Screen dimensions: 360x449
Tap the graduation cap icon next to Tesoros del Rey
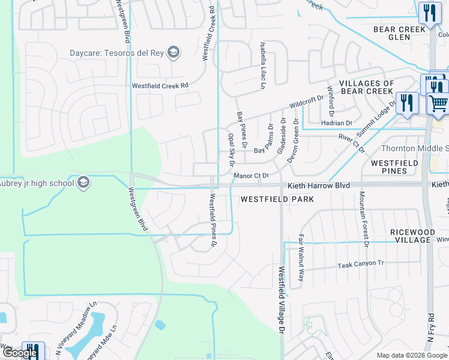[173, 52]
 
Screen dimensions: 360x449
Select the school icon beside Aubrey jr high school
[83, 182]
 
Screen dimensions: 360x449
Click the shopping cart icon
[438, 103]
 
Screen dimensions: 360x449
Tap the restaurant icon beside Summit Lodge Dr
[407, 103]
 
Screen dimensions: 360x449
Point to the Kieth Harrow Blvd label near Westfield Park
[318, 187]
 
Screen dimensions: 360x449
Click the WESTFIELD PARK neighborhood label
[277, 199]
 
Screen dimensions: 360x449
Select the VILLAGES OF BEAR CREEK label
[367, 88]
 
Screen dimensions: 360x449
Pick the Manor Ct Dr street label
[250, 175]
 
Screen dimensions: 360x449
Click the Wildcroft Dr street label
[306, 101]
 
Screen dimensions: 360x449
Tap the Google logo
[20, 353]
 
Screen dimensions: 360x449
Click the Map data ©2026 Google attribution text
[411, 355]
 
